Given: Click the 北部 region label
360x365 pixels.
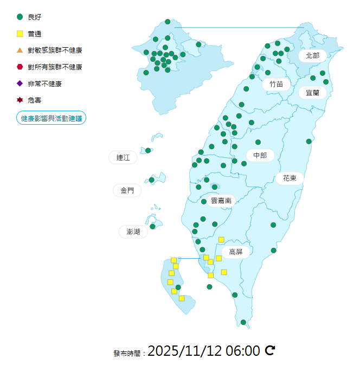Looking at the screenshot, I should click(x=312, y=55).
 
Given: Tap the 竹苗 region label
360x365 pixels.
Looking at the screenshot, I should click(x=276, y=84).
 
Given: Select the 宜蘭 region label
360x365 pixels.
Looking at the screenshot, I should click(x=312, y=93).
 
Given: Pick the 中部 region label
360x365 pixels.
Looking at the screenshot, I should click(x=260, y=156).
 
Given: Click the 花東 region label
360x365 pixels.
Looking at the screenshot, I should click(x=290, y=178).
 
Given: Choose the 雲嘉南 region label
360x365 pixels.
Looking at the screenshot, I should click(x=221, y=200).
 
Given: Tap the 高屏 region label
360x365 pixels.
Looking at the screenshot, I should click(x=235, y=252).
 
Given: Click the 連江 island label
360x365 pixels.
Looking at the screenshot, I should click(x=123, y=158).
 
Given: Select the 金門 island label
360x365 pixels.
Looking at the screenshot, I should click(x=127, y=190).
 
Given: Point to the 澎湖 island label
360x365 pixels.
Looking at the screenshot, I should click(x=133, y=232).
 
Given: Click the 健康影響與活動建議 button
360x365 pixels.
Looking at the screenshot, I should click(x=52, y=118).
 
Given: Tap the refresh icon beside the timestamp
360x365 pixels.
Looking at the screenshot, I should click(x=270, y=350).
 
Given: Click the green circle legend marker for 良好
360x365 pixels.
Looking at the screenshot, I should click(x=20, y=17).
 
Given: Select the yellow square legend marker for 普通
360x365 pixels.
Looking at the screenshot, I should click(x=20, y=34).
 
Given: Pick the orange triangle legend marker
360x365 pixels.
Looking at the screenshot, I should click(x=20, y=50).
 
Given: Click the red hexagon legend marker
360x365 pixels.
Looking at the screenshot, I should click(x=20, y=67).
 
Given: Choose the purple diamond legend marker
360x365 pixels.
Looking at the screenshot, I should click(x=20, y=84).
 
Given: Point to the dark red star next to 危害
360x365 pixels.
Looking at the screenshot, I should click(x=20, y=100).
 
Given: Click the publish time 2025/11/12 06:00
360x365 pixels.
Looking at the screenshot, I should click(x=204, y=351).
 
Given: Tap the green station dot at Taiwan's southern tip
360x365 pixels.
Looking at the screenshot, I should click(x=243, y=322).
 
